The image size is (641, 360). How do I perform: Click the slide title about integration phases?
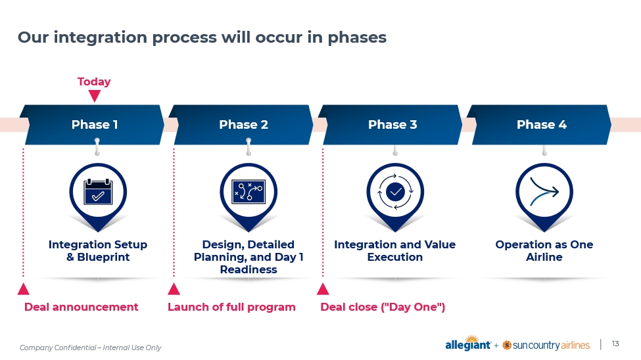coord(202,37)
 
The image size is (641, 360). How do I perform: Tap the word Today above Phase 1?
coord(94,82)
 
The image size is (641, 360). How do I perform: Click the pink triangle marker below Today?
coord(95,96)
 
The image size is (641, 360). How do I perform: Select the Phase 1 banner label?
coord(95,124)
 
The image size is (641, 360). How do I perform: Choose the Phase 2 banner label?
coord(243,124)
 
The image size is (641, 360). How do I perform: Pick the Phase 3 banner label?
coord(392,124)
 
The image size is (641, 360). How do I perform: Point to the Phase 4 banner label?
coord(541,124)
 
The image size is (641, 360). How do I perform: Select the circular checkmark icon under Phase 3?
coord(395,191)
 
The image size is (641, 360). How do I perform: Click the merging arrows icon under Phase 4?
coord(544,191)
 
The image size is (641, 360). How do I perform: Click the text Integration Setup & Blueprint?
coord(98,251)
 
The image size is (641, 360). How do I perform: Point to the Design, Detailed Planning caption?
coord(249,257)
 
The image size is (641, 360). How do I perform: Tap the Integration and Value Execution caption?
coord(394,251)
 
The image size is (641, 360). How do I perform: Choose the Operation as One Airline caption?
coord(544,251)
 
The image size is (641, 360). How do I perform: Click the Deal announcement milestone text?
coord(82,307)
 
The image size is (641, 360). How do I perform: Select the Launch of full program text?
coord(231,307)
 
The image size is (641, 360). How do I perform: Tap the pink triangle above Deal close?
coord(323,289)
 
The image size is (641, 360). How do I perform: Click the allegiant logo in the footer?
coord(468,345)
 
